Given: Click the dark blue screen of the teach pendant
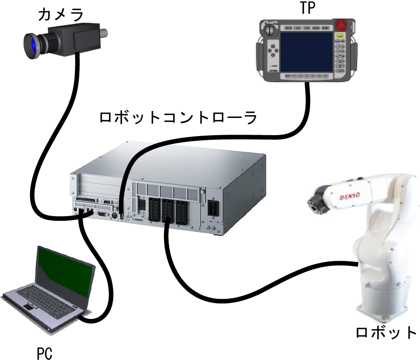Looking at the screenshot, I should [307, 51].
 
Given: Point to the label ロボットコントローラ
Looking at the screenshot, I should [178, 117].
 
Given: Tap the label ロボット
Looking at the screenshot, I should [386, 333].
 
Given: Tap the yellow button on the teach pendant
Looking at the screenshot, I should [340, 37].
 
